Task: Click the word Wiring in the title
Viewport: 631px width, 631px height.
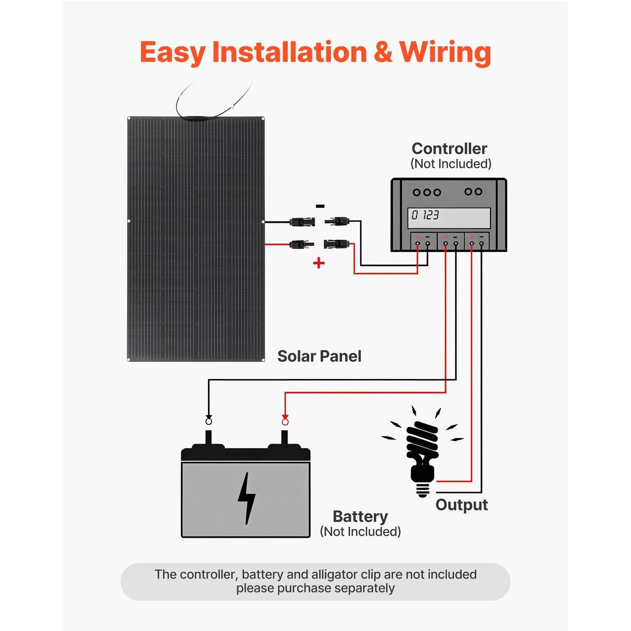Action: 445,52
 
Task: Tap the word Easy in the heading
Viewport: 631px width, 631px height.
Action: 173,52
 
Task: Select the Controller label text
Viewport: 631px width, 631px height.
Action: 449,148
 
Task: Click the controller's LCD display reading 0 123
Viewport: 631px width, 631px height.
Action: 449,217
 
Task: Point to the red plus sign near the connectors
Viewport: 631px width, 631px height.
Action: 319,263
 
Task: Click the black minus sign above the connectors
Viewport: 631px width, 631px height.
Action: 320,206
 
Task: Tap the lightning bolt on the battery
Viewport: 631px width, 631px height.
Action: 246,498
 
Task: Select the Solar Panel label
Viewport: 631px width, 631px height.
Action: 319,356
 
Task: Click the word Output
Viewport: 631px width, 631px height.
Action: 461,505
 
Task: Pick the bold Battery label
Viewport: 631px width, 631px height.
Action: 360,516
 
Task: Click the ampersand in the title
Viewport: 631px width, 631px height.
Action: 383,52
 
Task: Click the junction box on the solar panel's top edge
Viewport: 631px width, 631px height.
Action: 196,118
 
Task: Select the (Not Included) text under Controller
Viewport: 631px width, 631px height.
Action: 451,164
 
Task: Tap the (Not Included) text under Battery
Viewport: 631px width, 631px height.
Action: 360,531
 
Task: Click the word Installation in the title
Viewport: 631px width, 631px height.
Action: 289,52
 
